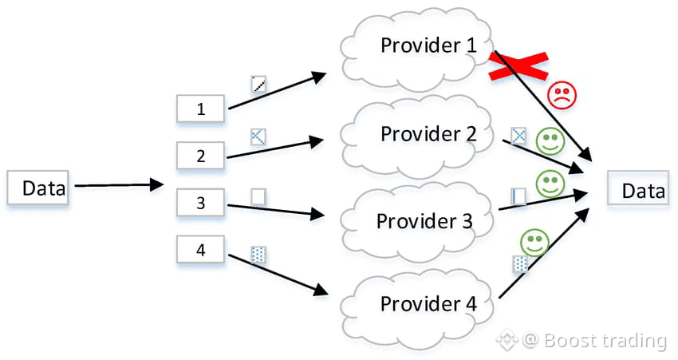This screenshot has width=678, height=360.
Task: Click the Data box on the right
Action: [x=637, y=190]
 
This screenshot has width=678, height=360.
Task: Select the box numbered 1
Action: [x=200, y=109]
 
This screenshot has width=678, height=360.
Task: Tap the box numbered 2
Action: [x=200, y=156]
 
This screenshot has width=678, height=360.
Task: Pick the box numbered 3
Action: [x=200, y=203]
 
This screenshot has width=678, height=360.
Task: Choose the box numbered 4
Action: [x=200, y=250]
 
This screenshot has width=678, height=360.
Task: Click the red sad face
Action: [x=561, y=96]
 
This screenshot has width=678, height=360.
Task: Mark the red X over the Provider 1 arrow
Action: [x=518, y=66]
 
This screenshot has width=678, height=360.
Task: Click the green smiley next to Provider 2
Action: [x=548, y=142]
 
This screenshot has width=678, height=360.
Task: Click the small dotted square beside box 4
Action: [x=258, y=255]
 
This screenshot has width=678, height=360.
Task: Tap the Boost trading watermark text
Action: [x=604, y=341]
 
